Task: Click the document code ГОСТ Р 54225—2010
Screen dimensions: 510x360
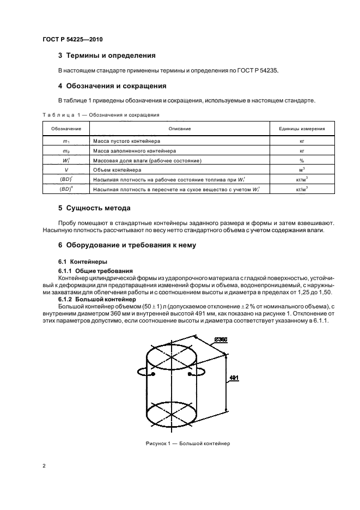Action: click(72, 40)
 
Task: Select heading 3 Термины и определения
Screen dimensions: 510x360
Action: click(107, 56)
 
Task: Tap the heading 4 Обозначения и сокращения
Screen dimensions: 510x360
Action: click(112, 86)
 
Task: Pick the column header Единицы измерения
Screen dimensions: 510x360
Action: click(302, 129)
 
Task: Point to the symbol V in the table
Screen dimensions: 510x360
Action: click(66, 170)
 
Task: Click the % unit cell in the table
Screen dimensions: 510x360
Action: click(302, 160)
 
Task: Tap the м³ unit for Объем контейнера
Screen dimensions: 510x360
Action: click(302, 170)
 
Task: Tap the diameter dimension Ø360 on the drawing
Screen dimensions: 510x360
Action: click(221, 340)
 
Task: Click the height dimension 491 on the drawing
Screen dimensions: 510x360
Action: click(233, 378)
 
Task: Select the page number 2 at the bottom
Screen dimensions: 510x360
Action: click(44, 466)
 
